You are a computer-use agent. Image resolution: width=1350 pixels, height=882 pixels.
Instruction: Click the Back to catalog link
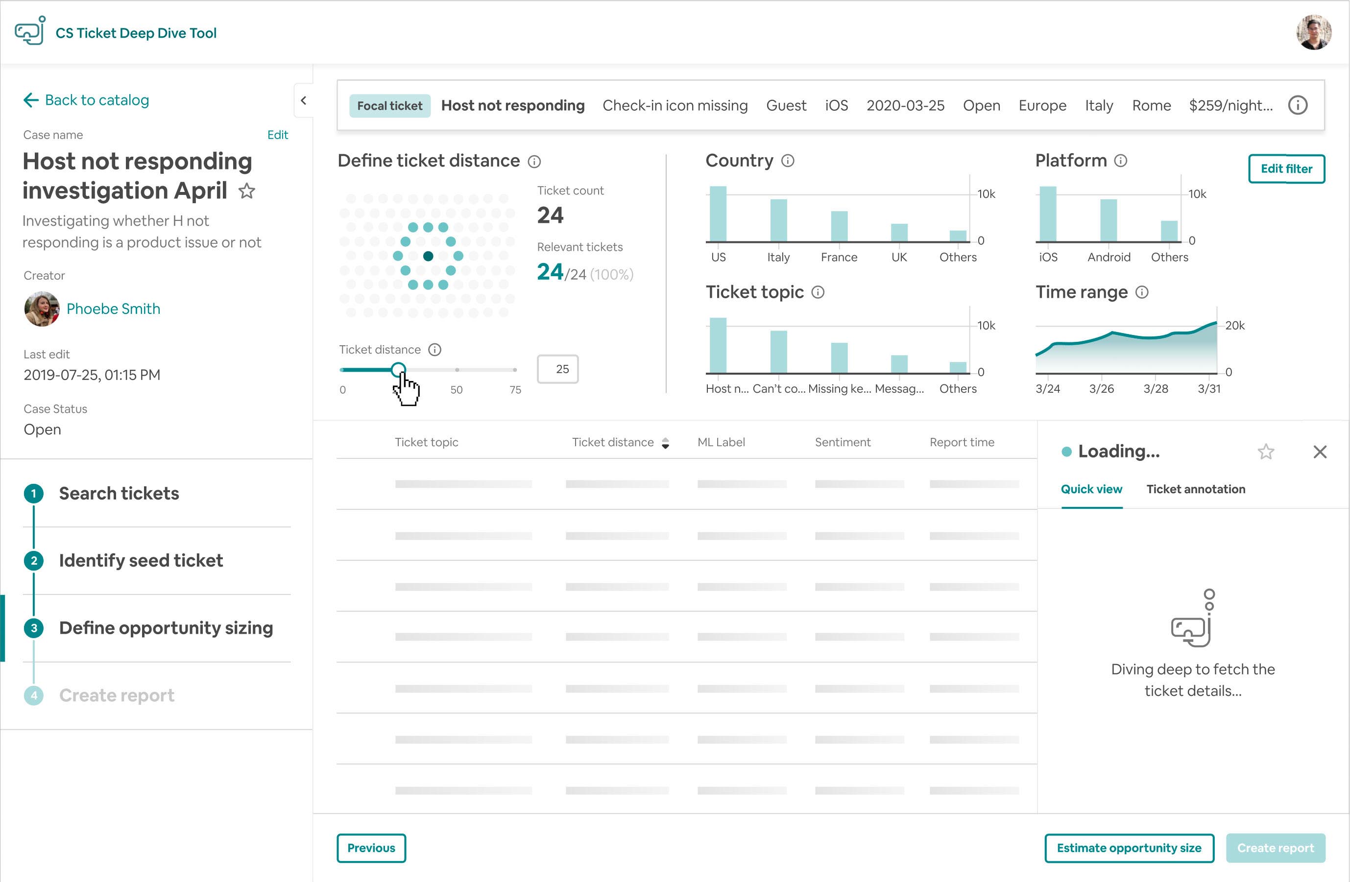click(86, 100)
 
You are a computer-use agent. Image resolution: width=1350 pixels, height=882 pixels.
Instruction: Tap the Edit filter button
click(1286, 169)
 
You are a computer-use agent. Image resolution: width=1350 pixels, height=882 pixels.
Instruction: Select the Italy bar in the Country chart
click(778, 221)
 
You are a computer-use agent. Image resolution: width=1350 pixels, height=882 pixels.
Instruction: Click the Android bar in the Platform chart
click(1108, 221)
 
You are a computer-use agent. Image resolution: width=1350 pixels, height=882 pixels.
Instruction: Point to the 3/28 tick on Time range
click(1156, 388)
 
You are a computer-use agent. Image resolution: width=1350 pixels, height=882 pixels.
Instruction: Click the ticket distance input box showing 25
click(557, 369)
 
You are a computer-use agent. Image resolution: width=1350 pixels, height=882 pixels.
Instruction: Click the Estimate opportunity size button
click(1129, 848)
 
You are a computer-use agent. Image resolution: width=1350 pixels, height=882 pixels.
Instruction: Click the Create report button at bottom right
click(1275, 848)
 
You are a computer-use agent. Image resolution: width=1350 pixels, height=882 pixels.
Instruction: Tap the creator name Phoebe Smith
click(114, 309)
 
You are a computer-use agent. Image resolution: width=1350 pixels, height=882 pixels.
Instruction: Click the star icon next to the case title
click(247, 191)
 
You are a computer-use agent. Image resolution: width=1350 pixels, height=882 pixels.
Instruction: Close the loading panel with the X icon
click(1320, 452)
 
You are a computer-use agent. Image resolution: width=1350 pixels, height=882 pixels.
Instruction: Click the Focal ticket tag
click(390, 106)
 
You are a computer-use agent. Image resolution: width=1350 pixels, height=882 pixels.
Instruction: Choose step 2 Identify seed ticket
click(141, 560)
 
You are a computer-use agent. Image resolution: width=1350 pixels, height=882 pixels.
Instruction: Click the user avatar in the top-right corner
click(1313, 33)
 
